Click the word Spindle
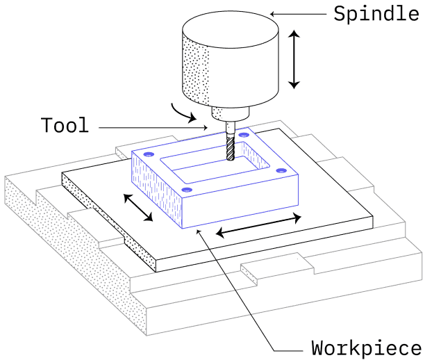[376, 14]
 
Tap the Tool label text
[65, 125]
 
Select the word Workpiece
[367, 348]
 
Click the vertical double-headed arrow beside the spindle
[294, 59]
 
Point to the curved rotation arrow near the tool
[182, 114]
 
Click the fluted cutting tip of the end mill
[230, 149]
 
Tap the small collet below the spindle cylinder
[230, 113]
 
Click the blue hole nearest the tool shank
[243, 135]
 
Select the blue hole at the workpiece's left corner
[149, 154]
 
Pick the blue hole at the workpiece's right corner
[281, 171]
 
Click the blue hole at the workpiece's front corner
[187, 190]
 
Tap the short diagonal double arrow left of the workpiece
[138, 208]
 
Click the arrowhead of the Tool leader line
[206, 127]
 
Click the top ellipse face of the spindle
[231, 30]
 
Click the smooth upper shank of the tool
[230, 129]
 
